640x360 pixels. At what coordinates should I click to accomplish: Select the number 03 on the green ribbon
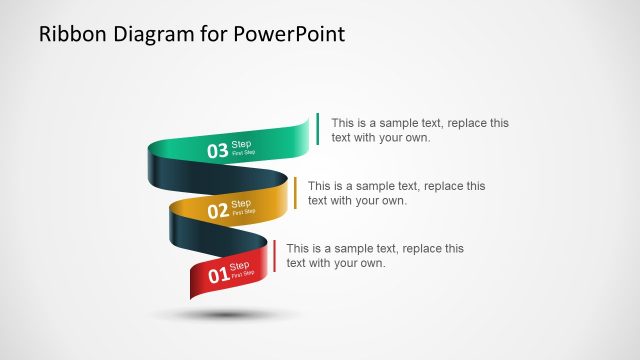click(x=217, y=151)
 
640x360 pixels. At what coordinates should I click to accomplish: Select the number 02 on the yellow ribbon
click(x=217, y=211)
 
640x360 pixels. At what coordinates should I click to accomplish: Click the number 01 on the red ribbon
click(x=218, y=273)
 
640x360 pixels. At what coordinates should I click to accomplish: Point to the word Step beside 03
click(x=241, y=144)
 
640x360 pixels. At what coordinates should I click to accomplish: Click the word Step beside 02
click(x=241, y=204)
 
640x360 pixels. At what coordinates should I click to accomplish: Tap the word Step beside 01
click(x=241, y=265)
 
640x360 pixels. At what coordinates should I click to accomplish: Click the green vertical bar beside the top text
click(x=317, y=129)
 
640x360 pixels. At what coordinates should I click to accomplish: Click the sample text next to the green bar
click(x=420, y=130)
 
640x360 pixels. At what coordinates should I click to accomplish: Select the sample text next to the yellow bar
click(x=397, y=193)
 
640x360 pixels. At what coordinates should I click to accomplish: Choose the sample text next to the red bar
click(x=375, y=255)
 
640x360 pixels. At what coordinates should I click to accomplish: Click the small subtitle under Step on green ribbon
click(x=243, y=153)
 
